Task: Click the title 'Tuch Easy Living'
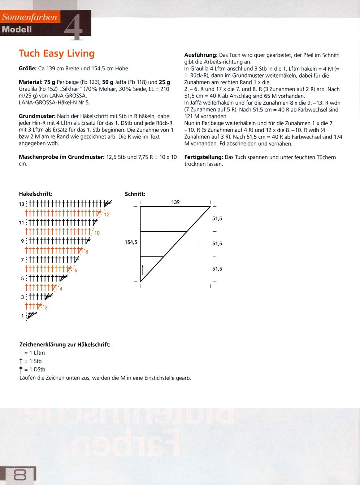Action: click(57, 53)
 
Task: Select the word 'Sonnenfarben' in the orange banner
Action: click(30, 17)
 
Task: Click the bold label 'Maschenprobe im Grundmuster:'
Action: click(61, 157)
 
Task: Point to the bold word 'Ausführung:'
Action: click(201, 55)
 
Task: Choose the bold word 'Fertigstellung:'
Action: click(204, 157)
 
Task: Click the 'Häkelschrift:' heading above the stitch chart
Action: click(35, 194)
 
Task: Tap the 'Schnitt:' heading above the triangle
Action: click(135, 194)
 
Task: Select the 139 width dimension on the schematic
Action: click(175, 202)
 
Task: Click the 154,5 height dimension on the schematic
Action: click(131, 242)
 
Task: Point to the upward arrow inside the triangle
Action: click(143, 270)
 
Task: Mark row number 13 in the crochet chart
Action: click(22, 204)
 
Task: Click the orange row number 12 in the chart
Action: click(107, 214)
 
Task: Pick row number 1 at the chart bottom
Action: click(22, 316)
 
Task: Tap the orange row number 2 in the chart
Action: click(46, 308)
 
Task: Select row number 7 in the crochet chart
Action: click(22, 260)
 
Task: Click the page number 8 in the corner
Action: click(19, 475)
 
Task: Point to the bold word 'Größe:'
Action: click(27, 69)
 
